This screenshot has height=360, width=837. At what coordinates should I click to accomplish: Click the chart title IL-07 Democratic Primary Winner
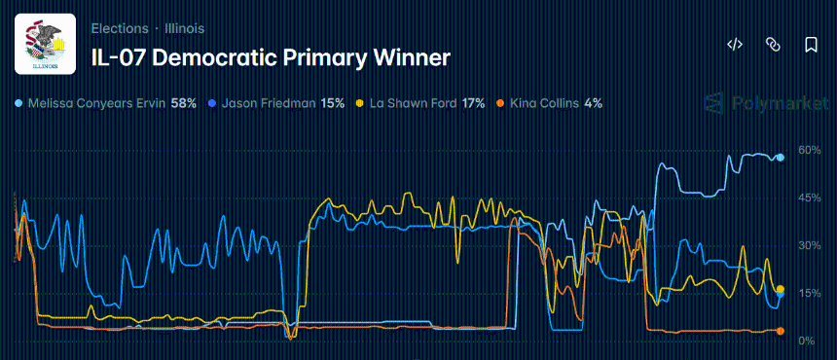(271, 57)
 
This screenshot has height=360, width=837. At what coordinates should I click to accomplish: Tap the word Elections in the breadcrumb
(120, 28)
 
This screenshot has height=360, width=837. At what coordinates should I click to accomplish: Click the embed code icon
(736, 45)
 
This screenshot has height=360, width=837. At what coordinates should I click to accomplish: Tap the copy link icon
(773, 45)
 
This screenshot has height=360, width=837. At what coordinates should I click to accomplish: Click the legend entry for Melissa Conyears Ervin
(97, 102)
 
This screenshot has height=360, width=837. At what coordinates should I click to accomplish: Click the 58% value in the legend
(184, 102)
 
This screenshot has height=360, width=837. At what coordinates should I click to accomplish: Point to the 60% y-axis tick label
(810, 150)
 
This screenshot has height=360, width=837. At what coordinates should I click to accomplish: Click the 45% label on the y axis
(810, 198)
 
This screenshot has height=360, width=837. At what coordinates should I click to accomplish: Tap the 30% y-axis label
(810, 245)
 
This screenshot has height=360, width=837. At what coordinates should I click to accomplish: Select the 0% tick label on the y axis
(807, 341)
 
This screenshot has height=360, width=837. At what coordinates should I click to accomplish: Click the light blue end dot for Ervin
(780, 157)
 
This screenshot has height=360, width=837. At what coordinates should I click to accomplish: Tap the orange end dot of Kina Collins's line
(780, 331)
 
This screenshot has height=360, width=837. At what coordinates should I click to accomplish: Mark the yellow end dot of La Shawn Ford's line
(780, 289)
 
